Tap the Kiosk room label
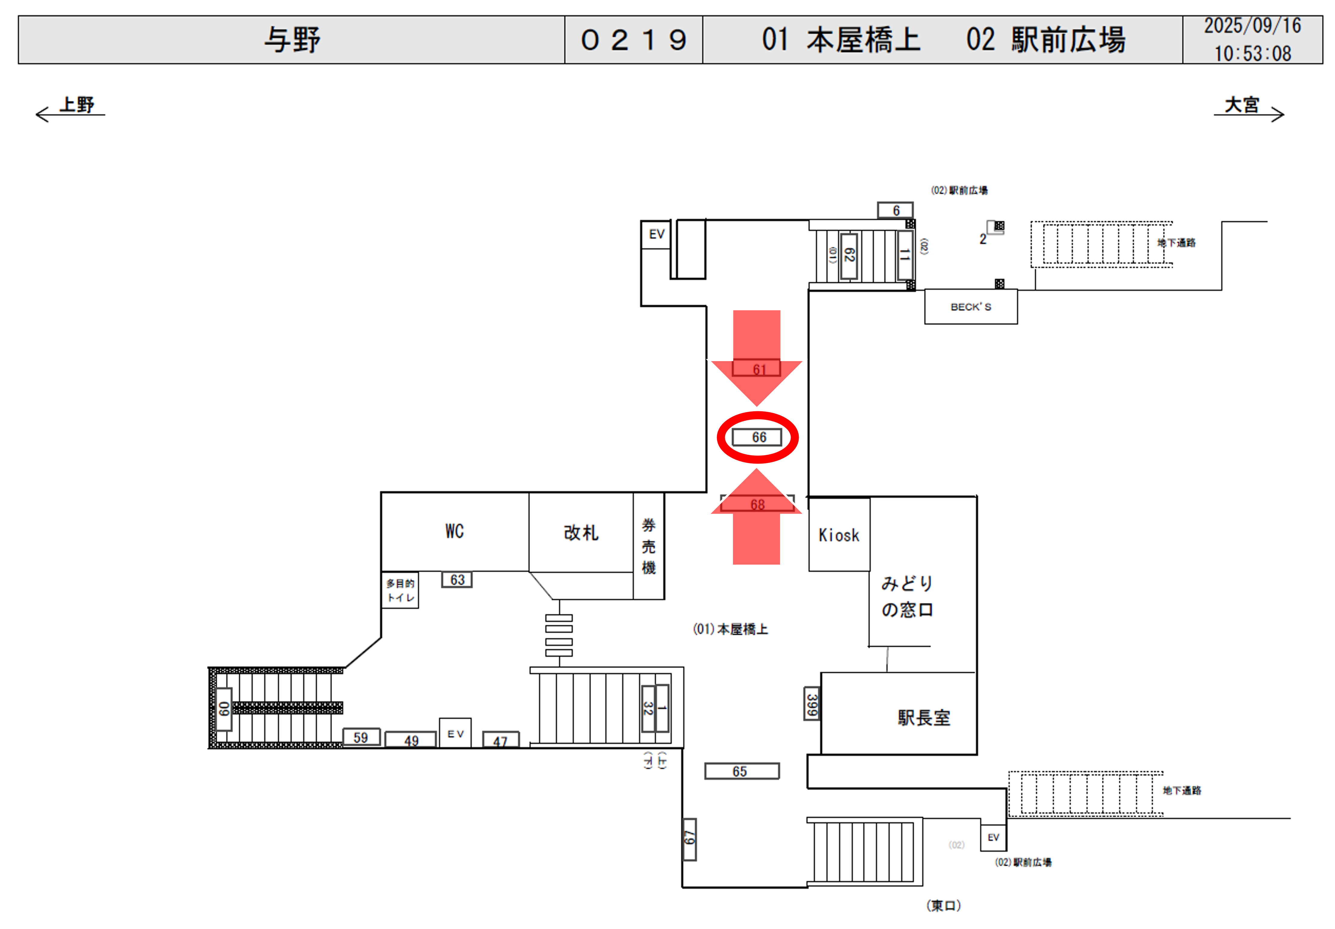click(x=838, y=535)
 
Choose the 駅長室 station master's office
click(x=923, y=717)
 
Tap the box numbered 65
click(x=741, y=771)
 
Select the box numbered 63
click(x=457, y=580)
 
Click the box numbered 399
click(x=812, y=704)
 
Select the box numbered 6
click(x=895, y=210)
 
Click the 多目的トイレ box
click(x=400, y=590)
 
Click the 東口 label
click(x=943, y=905)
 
